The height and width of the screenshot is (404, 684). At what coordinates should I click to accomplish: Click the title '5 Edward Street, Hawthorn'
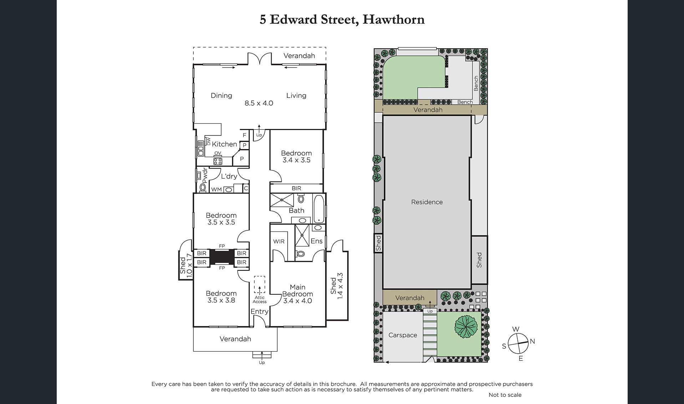342,20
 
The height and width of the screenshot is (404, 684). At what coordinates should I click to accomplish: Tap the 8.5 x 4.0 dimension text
259,103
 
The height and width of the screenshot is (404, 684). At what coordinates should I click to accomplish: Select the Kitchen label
224,144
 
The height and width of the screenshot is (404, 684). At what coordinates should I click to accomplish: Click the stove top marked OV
218,161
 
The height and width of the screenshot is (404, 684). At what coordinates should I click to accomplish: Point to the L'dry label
229,176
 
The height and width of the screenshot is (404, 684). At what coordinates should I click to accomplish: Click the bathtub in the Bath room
319,209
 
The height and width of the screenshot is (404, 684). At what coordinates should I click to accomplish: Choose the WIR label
279,241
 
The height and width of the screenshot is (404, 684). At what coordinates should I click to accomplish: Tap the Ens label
316,241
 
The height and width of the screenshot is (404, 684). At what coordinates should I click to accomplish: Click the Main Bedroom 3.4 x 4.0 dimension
298,301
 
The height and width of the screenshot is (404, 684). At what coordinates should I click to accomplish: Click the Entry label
259,311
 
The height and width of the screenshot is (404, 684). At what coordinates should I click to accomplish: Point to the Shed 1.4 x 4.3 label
336,286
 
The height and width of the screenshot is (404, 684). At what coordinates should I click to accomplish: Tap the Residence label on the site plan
427,202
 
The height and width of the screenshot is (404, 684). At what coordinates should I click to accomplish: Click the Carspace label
403,335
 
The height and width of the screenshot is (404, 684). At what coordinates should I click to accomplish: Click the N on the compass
532,341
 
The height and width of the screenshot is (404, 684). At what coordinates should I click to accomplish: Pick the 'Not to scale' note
505,395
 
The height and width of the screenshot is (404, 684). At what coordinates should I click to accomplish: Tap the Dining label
221,95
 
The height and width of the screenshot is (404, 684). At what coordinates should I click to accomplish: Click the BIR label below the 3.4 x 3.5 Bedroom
297,188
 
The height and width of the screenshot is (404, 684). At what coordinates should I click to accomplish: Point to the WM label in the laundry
217,190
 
